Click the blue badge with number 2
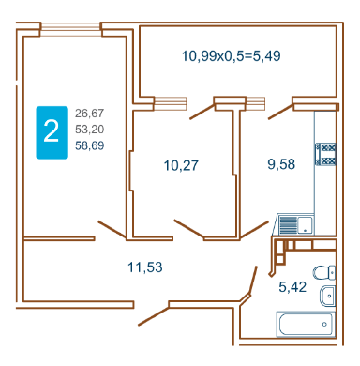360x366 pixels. tap(52, 132)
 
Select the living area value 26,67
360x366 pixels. tap(89, 114)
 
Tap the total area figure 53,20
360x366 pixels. tap(89, 129)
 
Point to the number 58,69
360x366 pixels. tap(89, 145)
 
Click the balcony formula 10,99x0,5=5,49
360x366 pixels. tap(232, 56)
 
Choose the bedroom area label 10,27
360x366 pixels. tap(181, 165)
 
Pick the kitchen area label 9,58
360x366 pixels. tap(281, 164)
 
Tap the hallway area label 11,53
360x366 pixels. tap(145, 267)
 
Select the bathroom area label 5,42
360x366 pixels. tap(292, 287)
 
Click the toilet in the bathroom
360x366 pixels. tap(324, 273)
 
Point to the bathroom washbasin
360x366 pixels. tap(327, 296)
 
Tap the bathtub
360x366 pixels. tap(306, 324)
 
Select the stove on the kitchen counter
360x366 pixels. tap(325, 154)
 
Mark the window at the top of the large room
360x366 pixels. tap(71, 29)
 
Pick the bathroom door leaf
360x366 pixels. tap(253, 281)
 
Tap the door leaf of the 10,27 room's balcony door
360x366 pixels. tap(202, 112)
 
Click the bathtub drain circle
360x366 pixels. tap(324, 325)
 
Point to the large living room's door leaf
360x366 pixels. tap(112, 230)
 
